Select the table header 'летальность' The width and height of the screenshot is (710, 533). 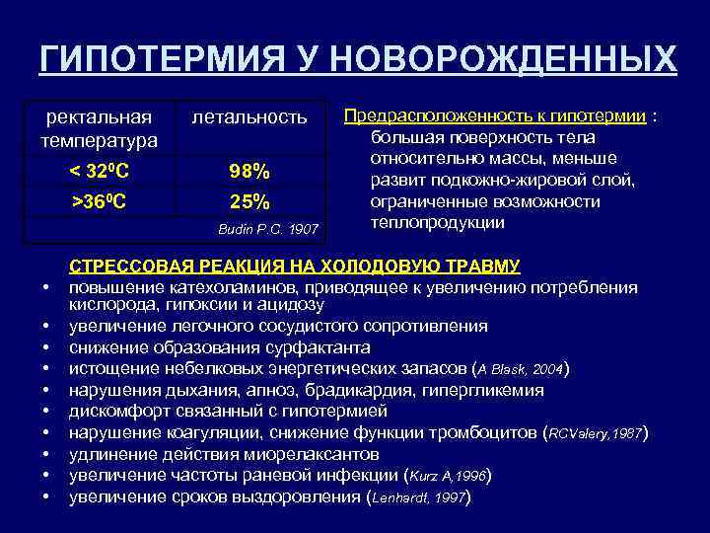click(x=249, y=118)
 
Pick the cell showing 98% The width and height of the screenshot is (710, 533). click(x=249, y=172)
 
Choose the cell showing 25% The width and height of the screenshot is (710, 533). click(x=249, y=202)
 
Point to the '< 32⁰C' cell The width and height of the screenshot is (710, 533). click(x=99, y=172)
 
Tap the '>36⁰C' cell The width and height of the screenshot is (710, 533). click(x=99, y=202)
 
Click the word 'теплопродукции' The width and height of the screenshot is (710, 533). click(x=438, y=222)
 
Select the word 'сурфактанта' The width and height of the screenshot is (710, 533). click(x=318, y=347)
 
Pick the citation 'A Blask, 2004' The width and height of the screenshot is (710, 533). click(x=520, y=369)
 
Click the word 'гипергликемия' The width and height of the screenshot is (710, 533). click(x=487, y=390)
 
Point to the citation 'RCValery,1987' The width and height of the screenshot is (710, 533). click(x=597, y=433)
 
